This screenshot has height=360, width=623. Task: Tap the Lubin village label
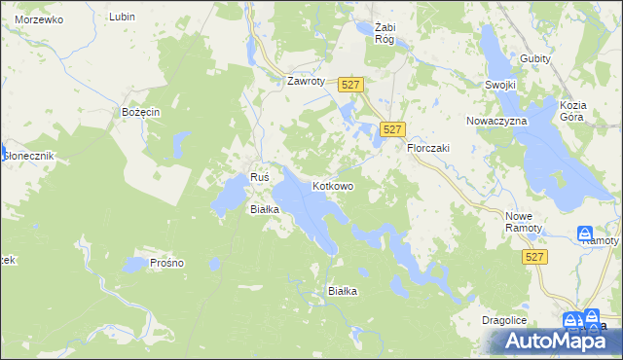(x=122, y=17)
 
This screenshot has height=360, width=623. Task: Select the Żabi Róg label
(x=375, y=33)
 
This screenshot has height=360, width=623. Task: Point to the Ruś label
(x=259, y=177)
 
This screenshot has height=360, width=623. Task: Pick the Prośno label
(x=167, y=263)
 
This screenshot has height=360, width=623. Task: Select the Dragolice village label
(x=504, y=319)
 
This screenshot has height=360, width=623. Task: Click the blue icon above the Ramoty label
(x=585, y=234)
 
